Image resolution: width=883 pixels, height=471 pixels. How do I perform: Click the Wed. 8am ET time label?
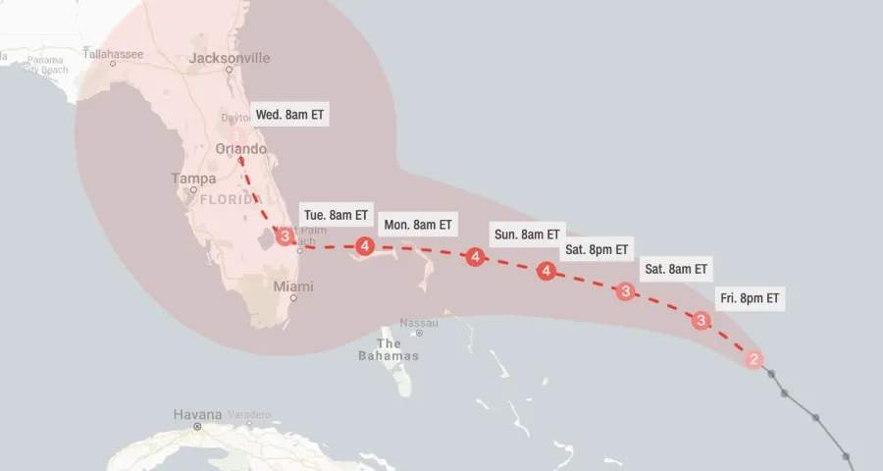[290, 115]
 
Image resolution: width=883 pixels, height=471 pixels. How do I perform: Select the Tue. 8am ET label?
[337, 215]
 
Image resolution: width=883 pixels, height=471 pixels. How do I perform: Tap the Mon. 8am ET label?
[417, 225]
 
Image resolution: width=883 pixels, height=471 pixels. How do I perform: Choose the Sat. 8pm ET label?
[597, 249]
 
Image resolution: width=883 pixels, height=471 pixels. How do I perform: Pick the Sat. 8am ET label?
[676, 269]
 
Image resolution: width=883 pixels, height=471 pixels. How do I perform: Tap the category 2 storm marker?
[753, 359]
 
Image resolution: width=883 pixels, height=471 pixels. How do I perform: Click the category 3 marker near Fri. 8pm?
[701, 320]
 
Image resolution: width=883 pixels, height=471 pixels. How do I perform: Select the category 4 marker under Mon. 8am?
[365, 245]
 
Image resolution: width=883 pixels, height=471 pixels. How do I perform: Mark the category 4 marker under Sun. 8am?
[475, 257]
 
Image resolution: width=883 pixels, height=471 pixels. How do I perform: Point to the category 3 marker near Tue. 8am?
[285, 236]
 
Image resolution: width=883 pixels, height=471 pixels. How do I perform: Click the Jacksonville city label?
[229, 58]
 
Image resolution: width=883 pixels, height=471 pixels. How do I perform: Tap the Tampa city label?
[192, 179]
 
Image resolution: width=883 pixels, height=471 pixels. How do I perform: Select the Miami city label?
[293, 287]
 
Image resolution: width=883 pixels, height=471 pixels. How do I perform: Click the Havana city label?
[198, 414]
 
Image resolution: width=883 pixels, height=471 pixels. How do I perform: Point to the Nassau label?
[419, 323]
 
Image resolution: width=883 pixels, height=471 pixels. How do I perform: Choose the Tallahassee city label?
[113, 53]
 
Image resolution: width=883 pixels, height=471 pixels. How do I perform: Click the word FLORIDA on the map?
[232, 199]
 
